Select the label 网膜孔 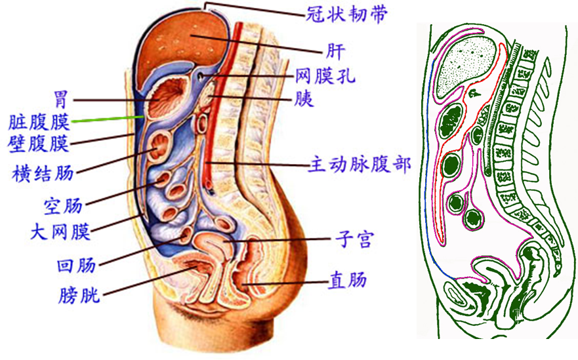pos(325,76)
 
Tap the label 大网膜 pos(60,230)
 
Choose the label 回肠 pos(76,265)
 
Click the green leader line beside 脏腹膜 pos(108,119)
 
